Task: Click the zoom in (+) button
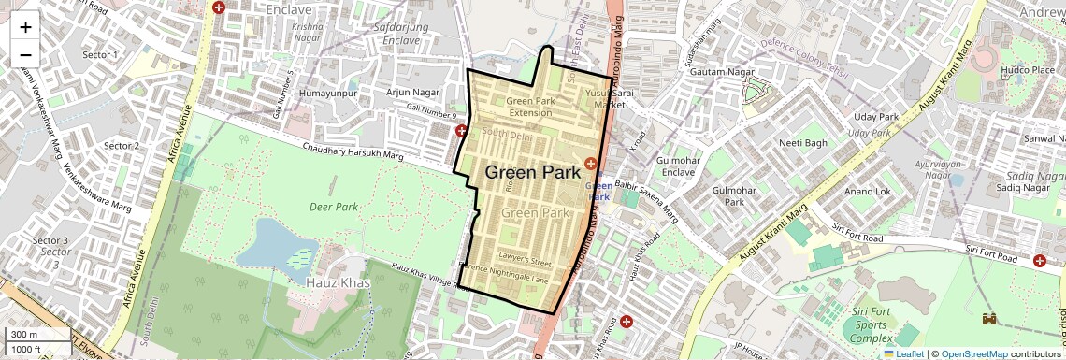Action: (x=25, y=26)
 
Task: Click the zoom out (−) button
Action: (x=25, y=54)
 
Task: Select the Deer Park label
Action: (x=335, y=207)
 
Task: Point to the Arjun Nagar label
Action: (x=413, y=92)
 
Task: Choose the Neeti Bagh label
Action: (x=803, y=143)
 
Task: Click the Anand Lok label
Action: (x=868, y=191)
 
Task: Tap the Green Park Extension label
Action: (x=530, y=106)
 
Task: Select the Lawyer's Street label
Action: (x=525, y=260)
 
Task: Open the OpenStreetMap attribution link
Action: (x=974, y=353)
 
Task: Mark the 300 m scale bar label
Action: (x=23, y=334)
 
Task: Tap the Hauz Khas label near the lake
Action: (x=338, y=282)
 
